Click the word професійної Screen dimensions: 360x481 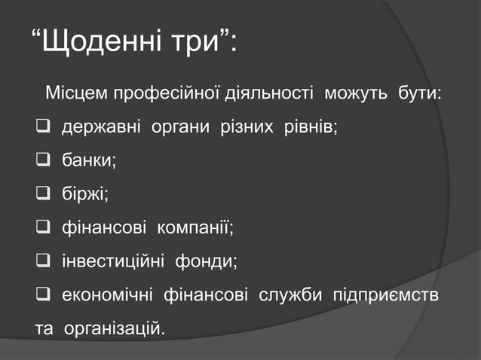pos(167,95)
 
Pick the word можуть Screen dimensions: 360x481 pos(355,95)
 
